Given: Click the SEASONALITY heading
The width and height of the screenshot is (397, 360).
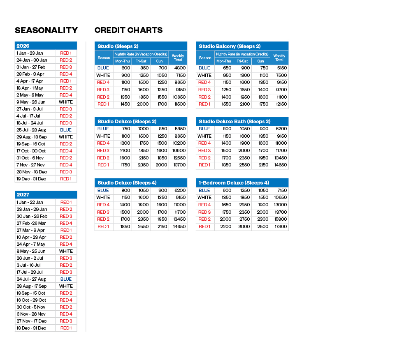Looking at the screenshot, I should coord(46,30).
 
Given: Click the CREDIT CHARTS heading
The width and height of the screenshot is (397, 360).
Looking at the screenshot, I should coord(128,30).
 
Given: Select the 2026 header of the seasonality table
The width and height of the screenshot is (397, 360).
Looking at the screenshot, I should coord(23,46).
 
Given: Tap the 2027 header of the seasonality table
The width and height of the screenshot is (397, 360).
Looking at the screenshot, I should coord(23,195).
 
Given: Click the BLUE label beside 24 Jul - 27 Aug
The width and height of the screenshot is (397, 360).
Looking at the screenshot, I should coord(66,279).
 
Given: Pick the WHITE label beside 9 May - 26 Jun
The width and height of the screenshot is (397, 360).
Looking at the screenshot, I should coord(66,102).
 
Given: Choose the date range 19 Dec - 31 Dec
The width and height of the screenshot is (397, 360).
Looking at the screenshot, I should coord(31,179).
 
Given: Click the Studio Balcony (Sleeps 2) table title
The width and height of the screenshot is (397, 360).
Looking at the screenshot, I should coord(230,46).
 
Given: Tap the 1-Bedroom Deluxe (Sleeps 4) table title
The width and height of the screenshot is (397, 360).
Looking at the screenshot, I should coord(234,182).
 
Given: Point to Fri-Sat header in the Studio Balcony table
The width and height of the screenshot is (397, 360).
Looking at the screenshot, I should coord(242,61).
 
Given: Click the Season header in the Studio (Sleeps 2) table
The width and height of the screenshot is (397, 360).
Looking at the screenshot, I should coord(104,58).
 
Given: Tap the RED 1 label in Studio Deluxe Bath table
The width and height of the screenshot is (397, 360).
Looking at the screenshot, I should coord(204,165).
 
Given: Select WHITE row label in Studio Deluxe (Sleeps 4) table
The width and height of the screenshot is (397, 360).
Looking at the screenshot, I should coord(103,197).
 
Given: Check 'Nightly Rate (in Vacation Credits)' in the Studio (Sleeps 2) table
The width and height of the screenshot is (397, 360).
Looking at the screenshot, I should coord(141,54).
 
